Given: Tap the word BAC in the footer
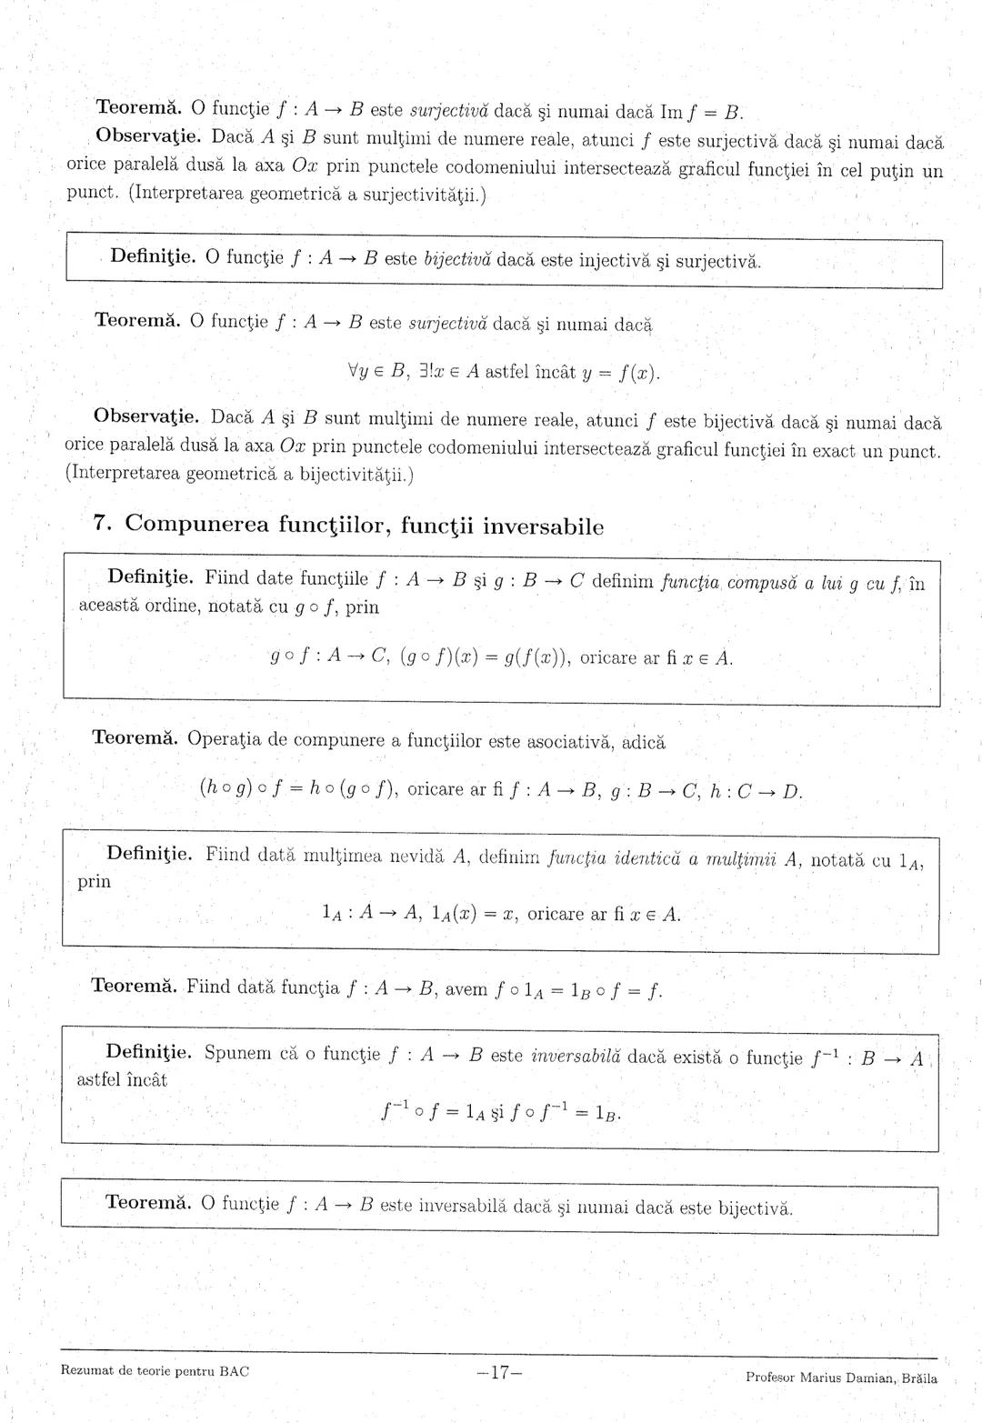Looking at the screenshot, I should pos(234,1370).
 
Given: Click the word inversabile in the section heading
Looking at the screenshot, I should pos(543,526).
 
